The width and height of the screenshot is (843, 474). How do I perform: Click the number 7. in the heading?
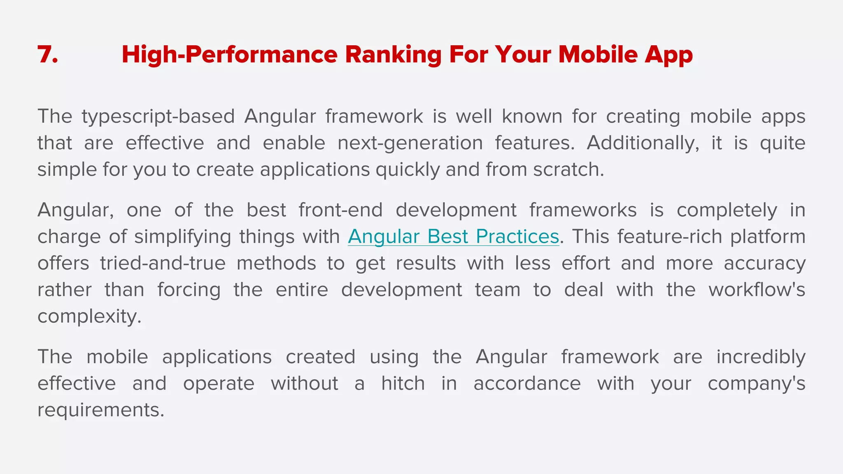[48, 55]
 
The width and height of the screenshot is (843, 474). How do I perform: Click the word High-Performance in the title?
[229, 55]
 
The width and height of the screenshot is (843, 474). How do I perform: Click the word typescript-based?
[158, 117]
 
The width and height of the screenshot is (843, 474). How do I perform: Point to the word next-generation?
[410, 143]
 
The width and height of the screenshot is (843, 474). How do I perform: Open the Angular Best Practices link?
[453, 237]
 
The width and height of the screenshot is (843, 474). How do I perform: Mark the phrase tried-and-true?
[163, 263]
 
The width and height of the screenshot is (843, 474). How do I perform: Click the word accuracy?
[764, 263]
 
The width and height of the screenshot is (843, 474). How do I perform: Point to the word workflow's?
[757, 290]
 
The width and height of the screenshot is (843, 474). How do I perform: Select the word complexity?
[89, 316]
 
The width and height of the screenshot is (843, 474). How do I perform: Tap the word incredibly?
[761, 357]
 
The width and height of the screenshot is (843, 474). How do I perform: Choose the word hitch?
[403, 383]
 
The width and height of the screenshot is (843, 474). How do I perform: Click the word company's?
[756, 383]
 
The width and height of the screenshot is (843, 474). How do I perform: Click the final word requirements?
[100, 410]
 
